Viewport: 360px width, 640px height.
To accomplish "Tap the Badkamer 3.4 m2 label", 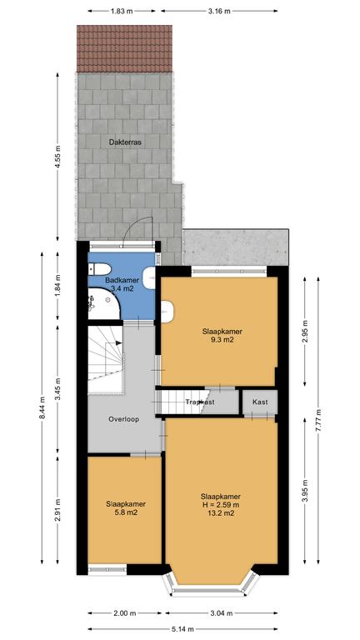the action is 122,284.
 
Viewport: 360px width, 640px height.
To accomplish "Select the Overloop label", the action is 123,419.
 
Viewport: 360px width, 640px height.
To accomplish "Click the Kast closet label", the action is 260,402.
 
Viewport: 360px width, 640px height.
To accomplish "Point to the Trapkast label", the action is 200,402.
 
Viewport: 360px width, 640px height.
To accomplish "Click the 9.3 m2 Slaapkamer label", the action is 219,335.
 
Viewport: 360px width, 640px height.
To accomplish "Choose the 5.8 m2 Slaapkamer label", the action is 126,507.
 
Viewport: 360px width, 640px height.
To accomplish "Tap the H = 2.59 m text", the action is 220,505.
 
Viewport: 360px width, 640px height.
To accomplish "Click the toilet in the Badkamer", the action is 100,269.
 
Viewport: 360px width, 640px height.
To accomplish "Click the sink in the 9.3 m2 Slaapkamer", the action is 167,312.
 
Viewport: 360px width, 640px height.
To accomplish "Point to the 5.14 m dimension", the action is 182,629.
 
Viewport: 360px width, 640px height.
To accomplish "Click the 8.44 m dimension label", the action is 42,408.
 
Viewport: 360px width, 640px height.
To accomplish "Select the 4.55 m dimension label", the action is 57,157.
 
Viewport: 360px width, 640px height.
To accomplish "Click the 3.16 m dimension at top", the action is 219,11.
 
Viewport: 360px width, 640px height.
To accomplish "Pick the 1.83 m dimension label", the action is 122,11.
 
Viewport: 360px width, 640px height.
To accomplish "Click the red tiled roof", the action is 124,48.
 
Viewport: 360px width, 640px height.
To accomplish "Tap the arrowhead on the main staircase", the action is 119,342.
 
